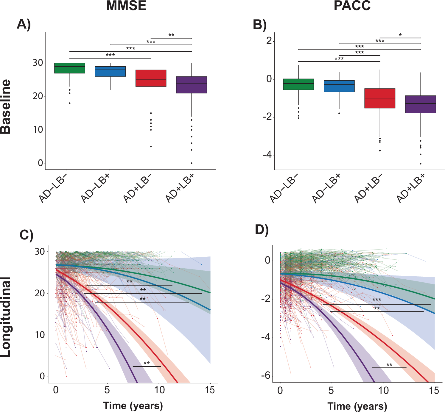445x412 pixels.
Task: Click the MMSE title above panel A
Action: coord(126,6)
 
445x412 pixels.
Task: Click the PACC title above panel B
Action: coord(352,6)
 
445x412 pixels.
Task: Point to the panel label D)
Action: coord(262,230)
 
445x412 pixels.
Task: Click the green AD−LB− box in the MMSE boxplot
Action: coord(70,68)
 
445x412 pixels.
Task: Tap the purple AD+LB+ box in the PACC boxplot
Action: coord(420,104)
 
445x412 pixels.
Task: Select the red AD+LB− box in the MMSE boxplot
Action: coord(151,78)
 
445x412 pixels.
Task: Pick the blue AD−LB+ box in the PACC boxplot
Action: coord(339,86)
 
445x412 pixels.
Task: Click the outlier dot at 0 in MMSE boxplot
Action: coord(192,163)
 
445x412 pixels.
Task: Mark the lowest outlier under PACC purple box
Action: coord(420,164)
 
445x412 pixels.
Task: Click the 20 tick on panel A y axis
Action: coord(38,96)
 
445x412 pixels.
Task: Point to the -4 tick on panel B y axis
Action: coord(267,155)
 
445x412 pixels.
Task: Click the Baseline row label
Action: coord(6,106)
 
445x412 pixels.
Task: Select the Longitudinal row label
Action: coord(6,317)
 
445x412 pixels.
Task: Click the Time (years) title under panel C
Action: coord(133,405)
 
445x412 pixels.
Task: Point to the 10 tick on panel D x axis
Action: coord(383,390)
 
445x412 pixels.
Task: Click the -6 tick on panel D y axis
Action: coord(266,376)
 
